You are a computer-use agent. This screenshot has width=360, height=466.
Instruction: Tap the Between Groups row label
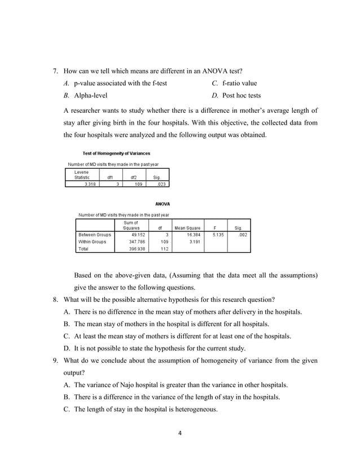[94, 234]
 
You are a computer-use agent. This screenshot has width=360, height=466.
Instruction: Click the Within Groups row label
[93, 241]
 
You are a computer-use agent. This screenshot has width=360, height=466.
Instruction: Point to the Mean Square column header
[187, 228]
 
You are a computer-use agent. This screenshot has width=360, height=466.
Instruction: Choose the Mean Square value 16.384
[191, 234]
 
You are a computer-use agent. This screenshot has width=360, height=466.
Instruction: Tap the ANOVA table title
[162, 204]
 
